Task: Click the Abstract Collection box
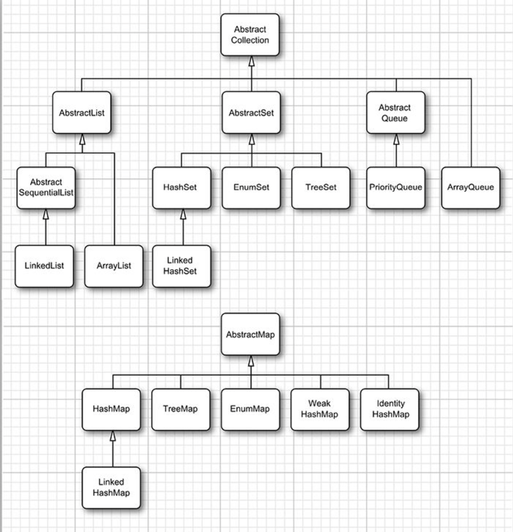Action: [250, 35]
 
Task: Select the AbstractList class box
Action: [82, 113]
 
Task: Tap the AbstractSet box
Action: [251, 113]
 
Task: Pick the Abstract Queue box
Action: [396, 113]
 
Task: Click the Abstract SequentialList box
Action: [46, 188]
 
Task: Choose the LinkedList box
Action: [44, 266]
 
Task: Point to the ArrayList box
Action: [114, 266]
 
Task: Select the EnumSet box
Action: [251, 188]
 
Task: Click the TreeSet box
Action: [321, 188]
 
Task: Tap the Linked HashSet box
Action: [181, 266]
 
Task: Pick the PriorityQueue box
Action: [396, 188]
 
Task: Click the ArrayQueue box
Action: [470, 188]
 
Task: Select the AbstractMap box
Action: [250, 334]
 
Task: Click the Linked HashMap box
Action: [111, 488]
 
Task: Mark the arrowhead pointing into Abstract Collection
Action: [251, 61]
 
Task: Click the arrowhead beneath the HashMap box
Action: [113, 436]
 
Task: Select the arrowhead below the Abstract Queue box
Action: [396, 139]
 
